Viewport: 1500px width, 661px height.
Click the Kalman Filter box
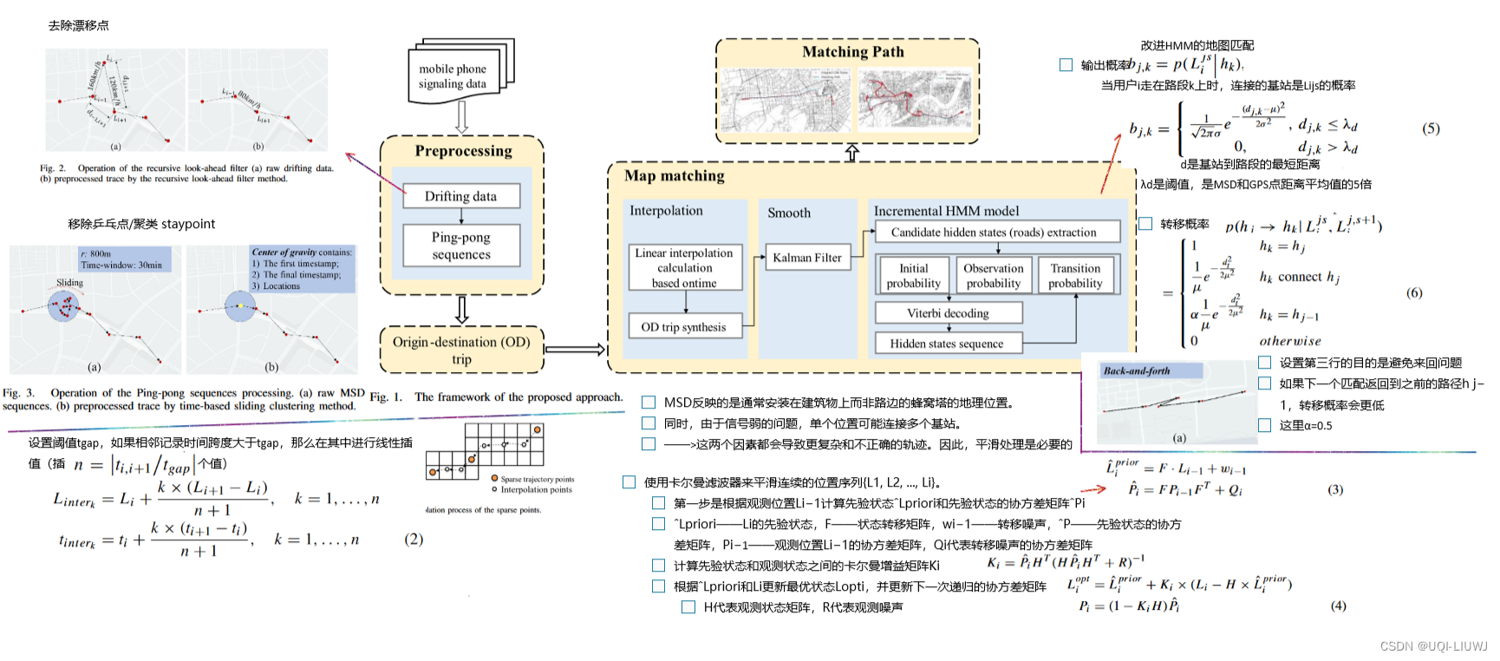[x=807, y=258]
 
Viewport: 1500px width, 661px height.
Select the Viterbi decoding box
[x=948, y=313]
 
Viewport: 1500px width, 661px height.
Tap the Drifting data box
[x=460, y=196]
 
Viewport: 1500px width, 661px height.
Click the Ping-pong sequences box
[x=460, y=245]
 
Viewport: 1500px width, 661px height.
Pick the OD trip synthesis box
[x=684, y=327]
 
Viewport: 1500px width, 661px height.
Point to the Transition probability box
[x=1075, y=276]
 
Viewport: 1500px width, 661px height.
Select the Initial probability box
[x=913, y=276]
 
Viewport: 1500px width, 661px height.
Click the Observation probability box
[x=994, y=276]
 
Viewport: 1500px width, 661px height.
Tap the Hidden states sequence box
[x=947, y=344]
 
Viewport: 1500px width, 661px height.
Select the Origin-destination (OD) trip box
[x=461, y=350]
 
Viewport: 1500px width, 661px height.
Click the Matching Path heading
[x=852, y=52]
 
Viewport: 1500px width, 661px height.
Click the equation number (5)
[x=1431, y=128]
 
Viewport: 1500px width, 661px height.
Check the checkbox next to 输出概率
[x=1066, y=65]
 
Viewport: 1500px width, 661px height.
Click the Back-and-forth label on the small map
[x=1137, y=370]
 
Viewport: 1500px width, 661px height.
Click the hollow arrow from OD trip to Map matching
[x=574, y=350]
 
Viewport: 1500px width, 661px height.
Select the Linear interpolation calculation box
[x=685, y=267]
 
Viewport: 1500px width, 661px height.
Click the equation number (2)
[x=414, y=539]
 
